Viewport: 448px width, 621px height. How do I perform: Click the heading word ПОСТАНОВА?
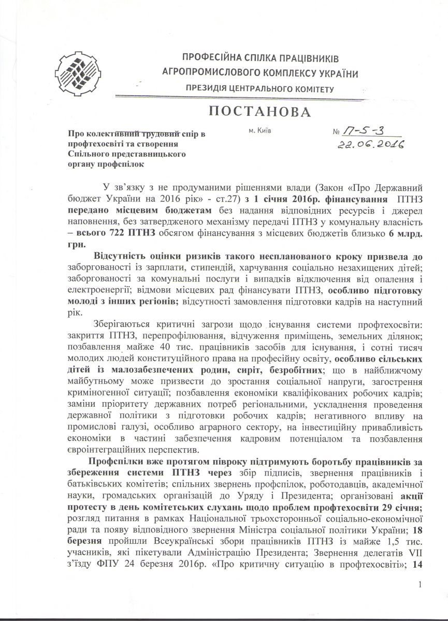click(255, 112)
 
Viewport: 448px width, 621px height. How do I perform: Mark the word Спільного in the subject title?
click(89, 154)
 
